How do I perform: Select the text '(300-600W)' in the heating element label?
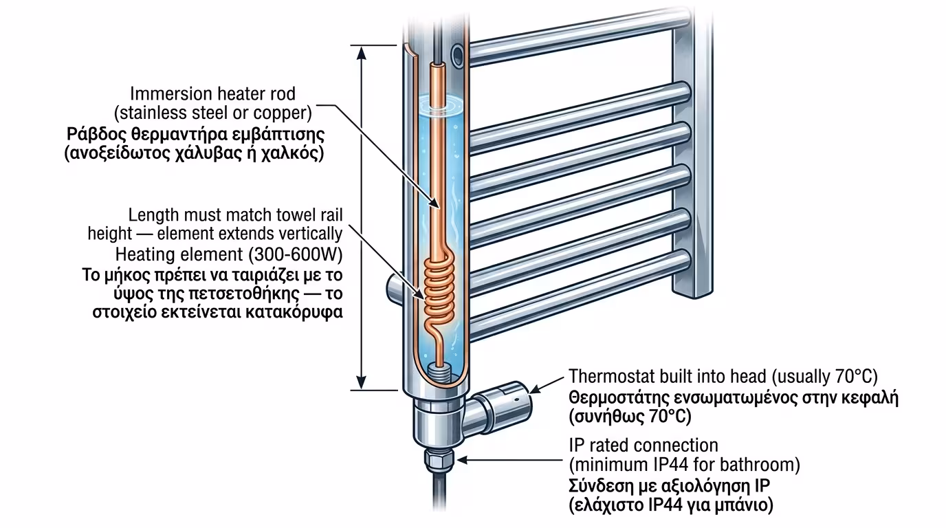[x=302, y=254]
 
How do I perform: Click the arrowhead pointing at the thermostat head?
[x=536, y=389]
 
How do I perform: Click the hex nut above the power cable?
[x=434, y=459]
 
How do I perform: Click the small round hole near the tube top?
[x=456, y=53]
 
